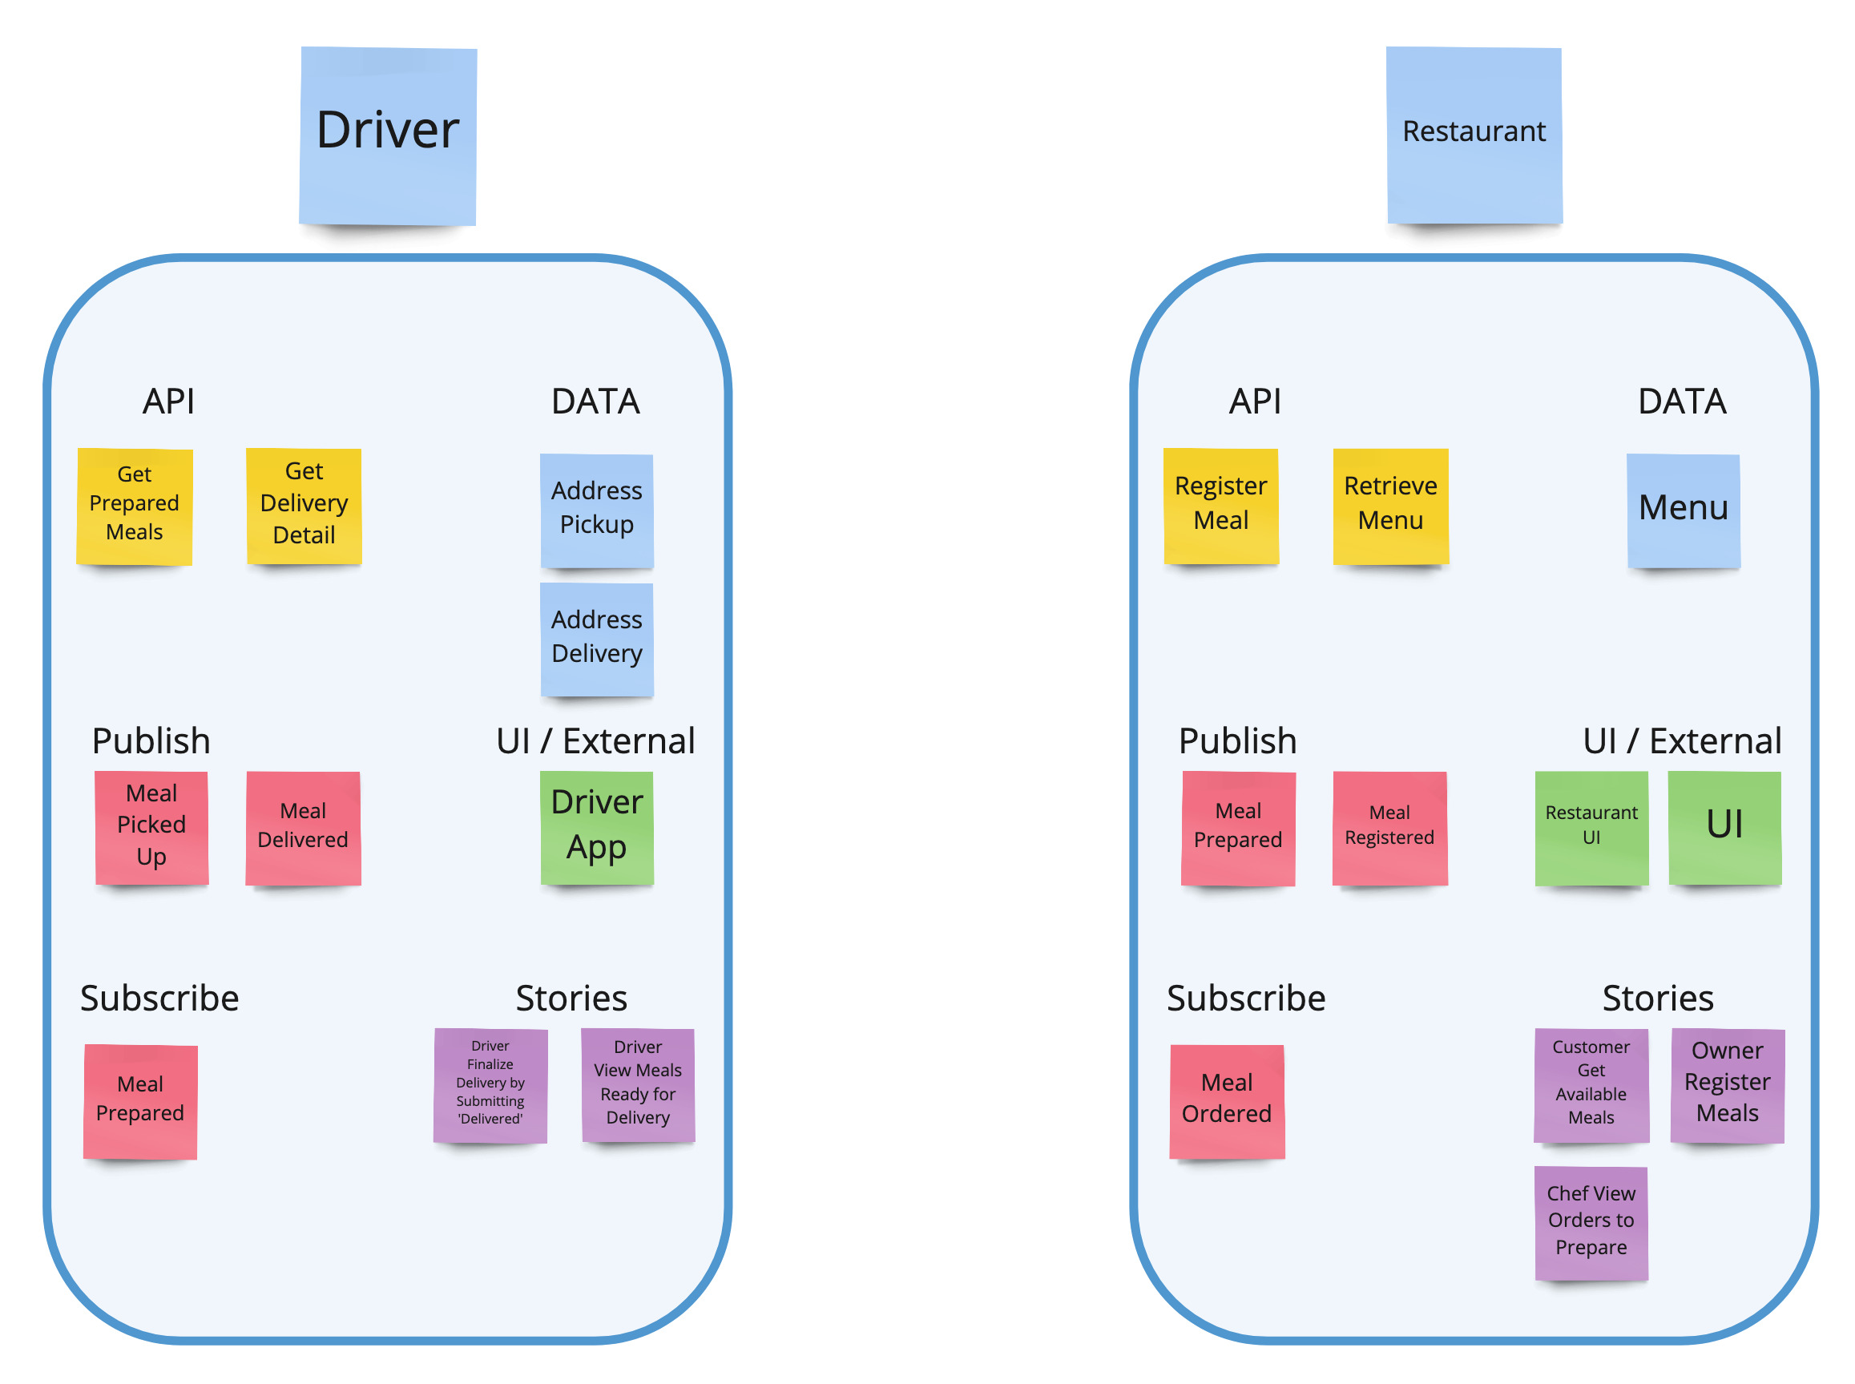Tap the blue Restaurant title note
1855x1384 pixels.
(1473, 135)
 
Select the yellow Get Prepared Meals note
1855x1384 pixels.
(134, 505)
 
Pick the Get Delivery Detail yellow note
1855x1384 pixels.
(304, 505)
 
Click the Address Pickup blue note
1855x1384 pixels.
(596, 510)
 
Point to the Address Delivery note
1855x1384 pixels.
(596, 639)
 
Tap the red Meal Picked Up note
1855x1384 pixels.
(151, 827)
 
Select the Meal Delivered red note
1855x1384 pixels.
(303, 827)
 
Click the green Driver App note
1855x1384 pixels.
(596, 827)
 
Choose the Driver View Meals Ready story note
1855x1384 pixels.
(637, 1084)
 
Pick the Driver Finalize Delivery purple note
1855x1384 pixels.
(490, 1084)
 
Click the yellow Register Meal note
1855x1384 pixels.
(1220, 505)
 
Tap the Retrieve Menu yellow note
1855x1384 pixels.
(1390, 505)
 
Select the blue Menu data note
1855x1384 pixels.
(1683, 510)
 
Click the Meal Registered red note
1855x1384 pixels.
(1389, 827)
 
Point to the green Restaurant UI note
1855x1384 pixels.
(1591, 827)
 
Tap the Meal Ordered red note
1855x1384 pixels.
(1226, 1100)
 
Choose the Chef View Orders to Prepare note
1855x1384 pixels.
(1591, 1222)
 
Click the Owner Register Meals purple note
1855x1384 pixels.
(1726, 1084)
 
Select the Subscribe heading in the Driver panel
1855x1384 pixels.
(159, 998)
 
